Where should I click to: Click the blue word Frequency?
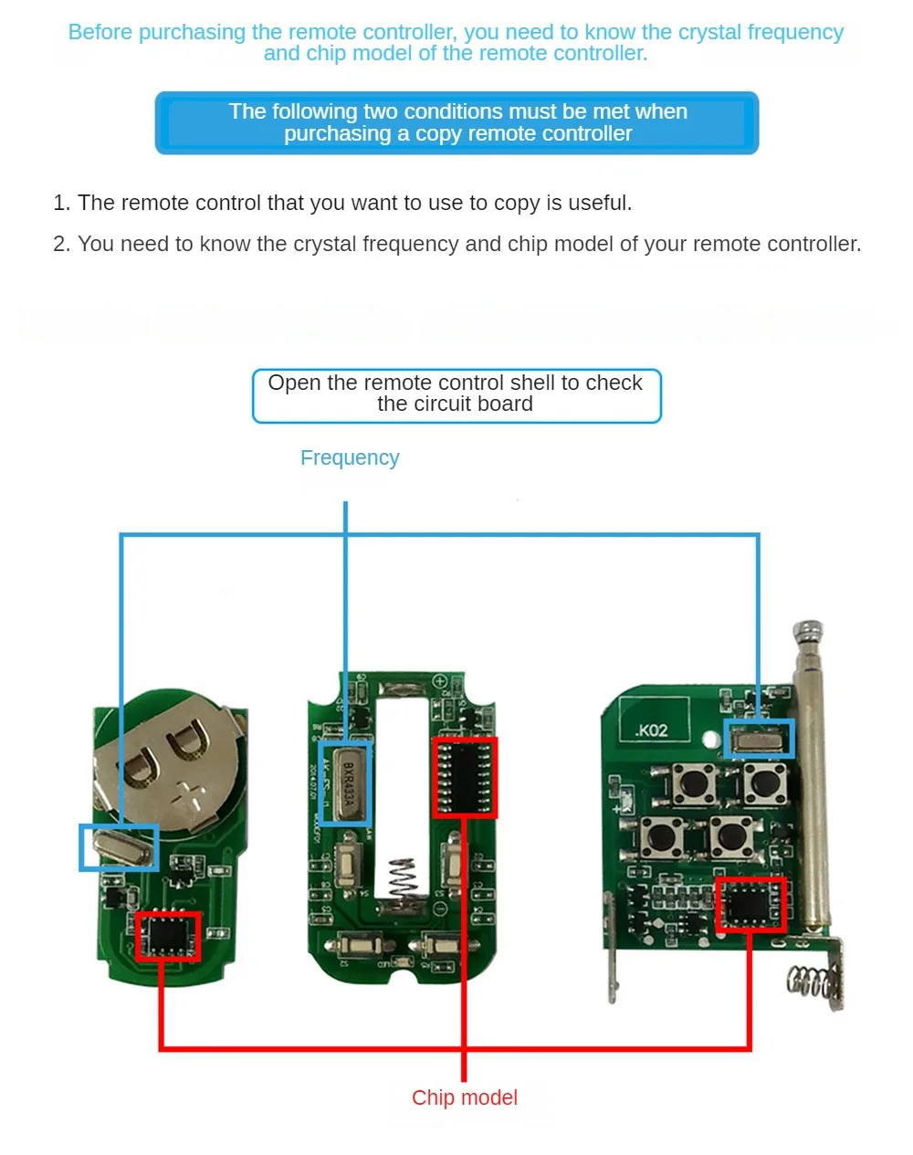(x=350, y=457)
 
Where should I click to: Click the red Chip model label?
(x=464, y=1097)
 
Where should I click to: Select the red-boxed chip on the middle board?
(x=465, y=778)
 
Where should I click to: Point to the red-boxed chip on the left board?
(x=167, y=936)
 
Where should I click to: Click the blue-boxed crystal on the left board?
(x=119, y=847)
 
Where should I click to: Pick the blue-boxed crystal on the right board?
(x=759, y=738)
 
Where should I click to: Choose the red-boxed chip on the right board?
(x=750, y=904)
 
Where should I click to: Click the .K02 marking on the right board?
(x=651, y=730)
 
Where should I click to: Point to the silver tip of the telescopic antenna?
(x=808, y=632)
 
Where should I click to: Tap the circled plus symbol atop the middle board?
(x=439, y=682)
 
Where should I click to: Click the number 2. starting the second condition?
(x=61, y=244)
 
